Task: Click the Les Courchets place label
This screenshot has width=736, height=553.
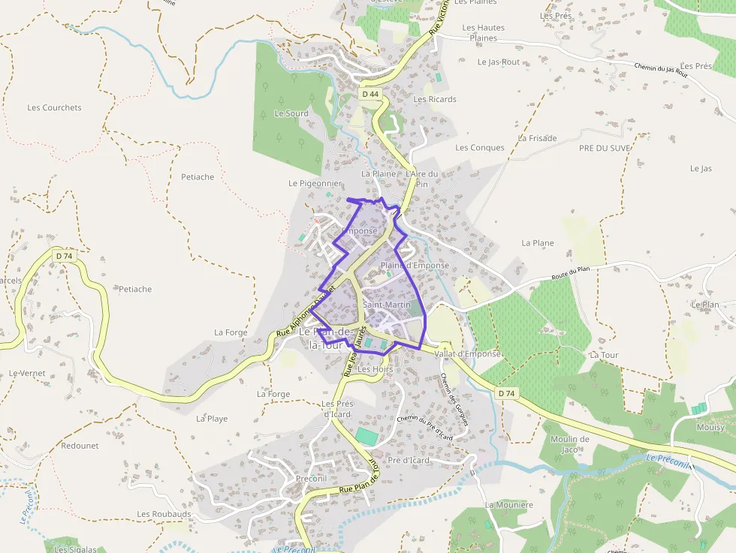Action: (x=54, y=107)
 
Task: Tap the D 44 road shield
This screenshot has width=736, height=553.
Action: (x=370, y=95)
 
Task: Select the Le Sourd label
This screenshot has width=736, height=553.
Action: (x=291, y=113)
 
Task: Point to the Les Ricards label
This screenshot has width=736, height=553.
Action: (x=435, y=99)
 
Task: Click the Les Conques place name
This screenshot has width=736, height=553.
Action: (x=480, y=148)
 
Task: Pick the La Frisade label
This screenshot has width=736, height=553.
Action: (x=538, y=138)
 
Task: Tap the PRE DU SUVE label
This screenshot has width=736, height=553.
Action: (x=605, y=148)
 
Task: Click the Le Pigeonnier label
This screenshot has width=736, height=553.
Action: (x=315, y=183)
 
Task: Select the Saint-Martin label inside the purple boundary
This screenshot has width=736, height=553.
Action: (x=387, y=305)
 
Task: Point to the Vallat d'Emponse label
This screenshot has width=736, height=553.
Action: (x=467, y=353)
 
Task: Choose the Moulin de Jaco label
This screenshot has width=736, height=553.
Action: (x=569, y=444)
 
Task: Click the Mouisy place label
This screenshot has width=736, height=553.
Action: (x=710, y=427)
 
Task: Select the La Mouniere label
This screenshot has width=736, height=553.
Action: (x=508, y=505)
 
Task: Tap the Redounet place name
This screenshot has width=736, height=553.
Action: (x=80, y=445)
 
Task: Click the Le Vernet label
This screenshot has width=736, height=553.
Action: (x=27, y=373)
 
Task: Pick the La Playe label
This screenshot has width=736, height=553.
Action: (x=212, y=419)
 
